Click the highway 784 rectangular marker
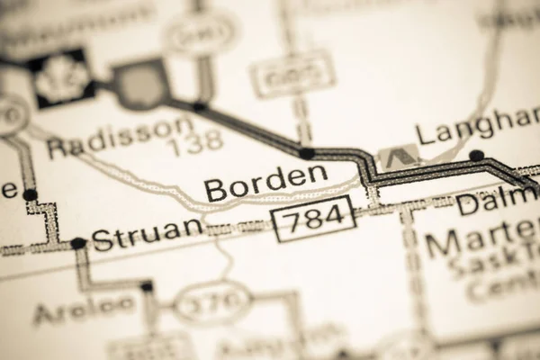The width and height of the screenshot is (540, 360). click(x=313, y=219)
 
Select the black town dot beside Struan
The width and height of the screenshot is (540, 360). click(x=78, y=243)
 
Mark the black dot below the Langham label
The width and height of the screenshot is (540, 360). click(x=475, y=155)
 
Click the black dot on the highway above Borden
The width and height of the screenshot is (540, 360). click(x=308, y=153)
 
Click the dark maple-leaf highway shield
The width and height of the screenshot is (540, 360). click(x=61, y=78)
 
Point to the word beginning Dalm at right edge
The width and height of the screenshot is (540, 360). click(x=497, y=203)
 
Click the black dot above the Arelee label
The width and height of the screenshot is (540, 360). click(x=147, y=287)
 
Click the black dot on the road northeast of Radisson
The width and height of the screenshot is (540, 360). click(x=199, y=107)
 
